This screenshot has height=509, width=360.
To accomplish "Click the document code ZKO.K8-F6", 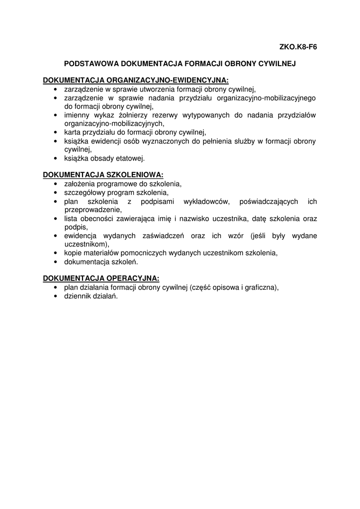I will pos(298,48).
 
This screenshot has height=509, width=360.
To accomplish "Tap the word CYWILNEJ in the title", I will pos(276,64).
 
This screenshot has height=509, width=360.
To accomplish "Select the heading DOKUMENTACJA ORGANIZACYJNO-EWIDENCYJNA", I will pos(136,81).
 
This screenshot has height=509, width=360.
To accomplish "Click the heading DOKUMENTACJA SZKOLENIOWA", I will pos(103,175).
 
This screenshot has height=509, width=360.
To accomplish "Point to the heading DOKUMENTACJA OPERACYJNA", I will pos(101,278).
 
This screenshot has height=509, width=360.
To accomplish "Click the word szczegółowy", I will pos(85,192).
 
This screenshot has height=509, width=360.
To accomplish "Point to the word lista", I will pos(71,219).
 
